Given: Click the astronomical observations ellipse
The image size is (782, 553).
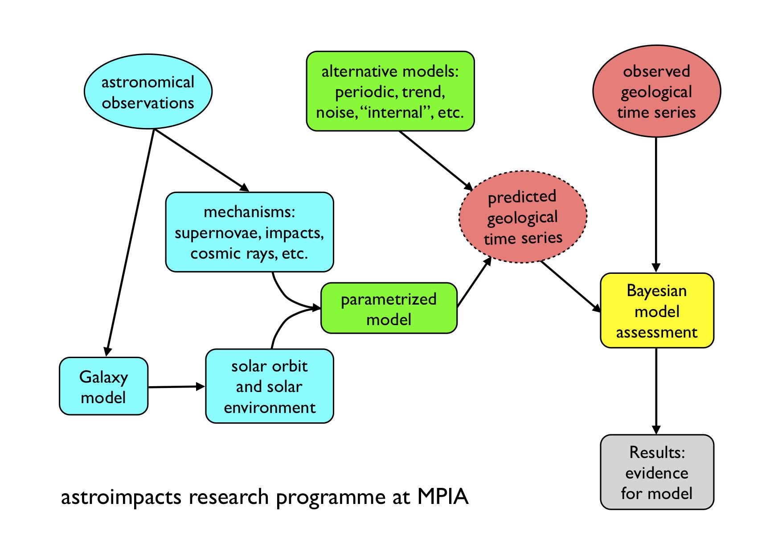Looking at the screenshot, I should pos(148,92).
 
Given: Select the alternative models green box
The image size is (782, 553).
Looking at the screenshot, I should pos(390,91).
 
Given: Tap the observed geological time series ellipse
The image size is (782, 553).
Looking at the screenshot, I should pos(656,91).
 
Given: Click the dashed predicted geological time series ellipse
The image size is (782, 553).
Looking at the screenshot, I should pos(523,217).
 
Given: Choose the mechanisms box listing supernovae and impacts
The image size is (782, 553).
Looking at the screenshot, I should pos(250,232).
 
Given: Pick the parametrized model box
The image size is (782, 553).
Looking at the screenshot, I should pos(389,308).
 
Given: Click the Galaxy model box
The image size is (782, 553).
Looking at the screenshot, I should pos(103,386).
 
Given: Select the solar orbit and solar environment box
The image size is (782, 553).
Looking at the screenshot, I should pos(270,386).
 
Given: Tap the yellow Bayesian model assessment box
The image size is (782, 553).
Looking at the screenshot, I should pos(657,310).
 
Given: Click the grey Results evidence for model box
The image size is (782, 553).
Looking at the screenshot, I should pos(657,472).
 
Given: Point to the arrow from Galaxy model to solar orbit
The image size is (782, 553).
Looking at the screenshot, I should pos(176,387).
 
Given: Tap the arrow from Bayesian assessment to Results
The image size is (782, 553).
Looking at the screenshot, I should pos(656,391).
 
